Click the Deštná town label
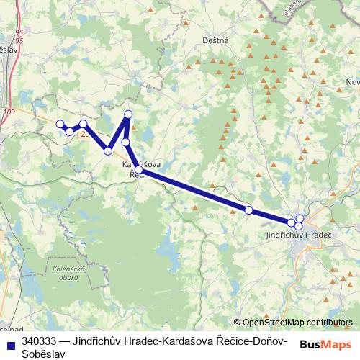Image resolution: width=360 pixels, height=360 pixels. point(215,41)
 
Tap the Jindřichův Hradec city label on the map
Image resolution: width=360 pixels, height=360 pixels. point(298,235)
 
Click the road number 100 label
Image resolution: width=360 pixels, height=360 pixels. point(9,112)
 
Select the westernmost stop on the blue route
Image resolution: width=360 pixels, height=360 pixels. point(60,124)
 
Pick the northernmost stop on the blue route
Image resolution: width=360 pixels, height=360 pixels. point(129,114)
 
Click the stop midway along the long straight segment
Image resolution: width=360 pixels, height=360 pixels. point(248,210)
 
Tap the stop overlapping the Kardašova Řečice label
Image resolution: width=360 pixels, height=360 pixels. point(138,170)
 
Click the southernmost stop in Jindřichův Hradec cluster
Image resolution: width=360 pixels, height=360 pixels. point(298,227)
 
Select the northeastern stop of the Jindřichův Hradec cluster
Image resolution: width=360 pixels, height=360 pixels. point(300,218)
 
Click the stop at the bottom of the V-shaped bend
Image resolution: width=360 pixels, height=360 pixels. point(108,150)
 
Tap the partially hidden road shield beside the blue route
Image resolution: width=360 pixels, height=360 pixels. point(85,134)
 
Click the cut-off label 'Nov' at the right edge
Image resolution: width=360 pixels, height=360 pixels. point(352,82)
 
